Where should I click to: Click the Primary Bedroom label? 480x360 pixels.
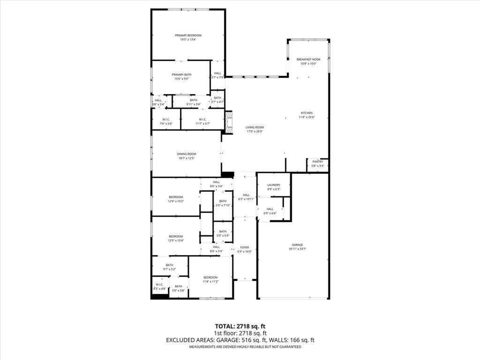[x=188, y=36]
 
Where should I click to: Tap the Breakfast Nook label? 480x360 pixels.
[x=308, y=60]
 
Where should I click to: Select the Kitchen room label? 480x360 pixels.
[x=307, y=113]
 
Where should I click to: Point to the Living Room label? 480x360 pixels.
[x=255, y=127]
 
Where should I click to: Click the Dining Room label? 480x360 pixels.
[x=186, y=154]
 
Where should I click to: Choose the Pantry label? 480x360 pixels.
[x=318, y=162]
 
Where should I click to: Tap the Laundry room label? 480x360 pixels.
[x=273, y=185]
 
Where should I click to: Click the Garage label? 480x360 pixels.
[x=297, y=245]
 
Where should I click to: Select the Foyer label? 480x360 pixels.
[x=245, y=247]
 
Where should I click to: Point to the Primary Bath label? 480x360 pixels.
[x=181, y=75]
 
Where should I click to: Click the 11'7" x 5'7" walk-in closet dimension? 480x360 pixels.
[x=202, y=124]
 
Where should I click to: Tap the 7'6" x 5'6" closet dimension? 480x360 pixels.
[x=166, y=124]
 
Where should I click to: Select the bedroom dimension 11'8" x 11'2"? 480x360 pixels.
[x=210, y=282]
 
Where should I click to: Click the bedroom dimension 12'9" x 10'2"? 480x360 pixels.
[x=176, y=201]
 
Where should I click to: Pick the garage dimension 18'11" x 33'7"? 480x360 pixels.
[x=297, y=249]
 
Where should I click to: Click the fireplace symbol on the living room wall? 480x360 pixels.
[x=229, y=123]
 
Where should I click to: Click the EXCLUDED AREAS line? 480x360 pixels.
[x=240, y=340]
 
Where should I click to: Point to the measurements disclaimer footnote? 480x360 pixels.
[x=245, y=347]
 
